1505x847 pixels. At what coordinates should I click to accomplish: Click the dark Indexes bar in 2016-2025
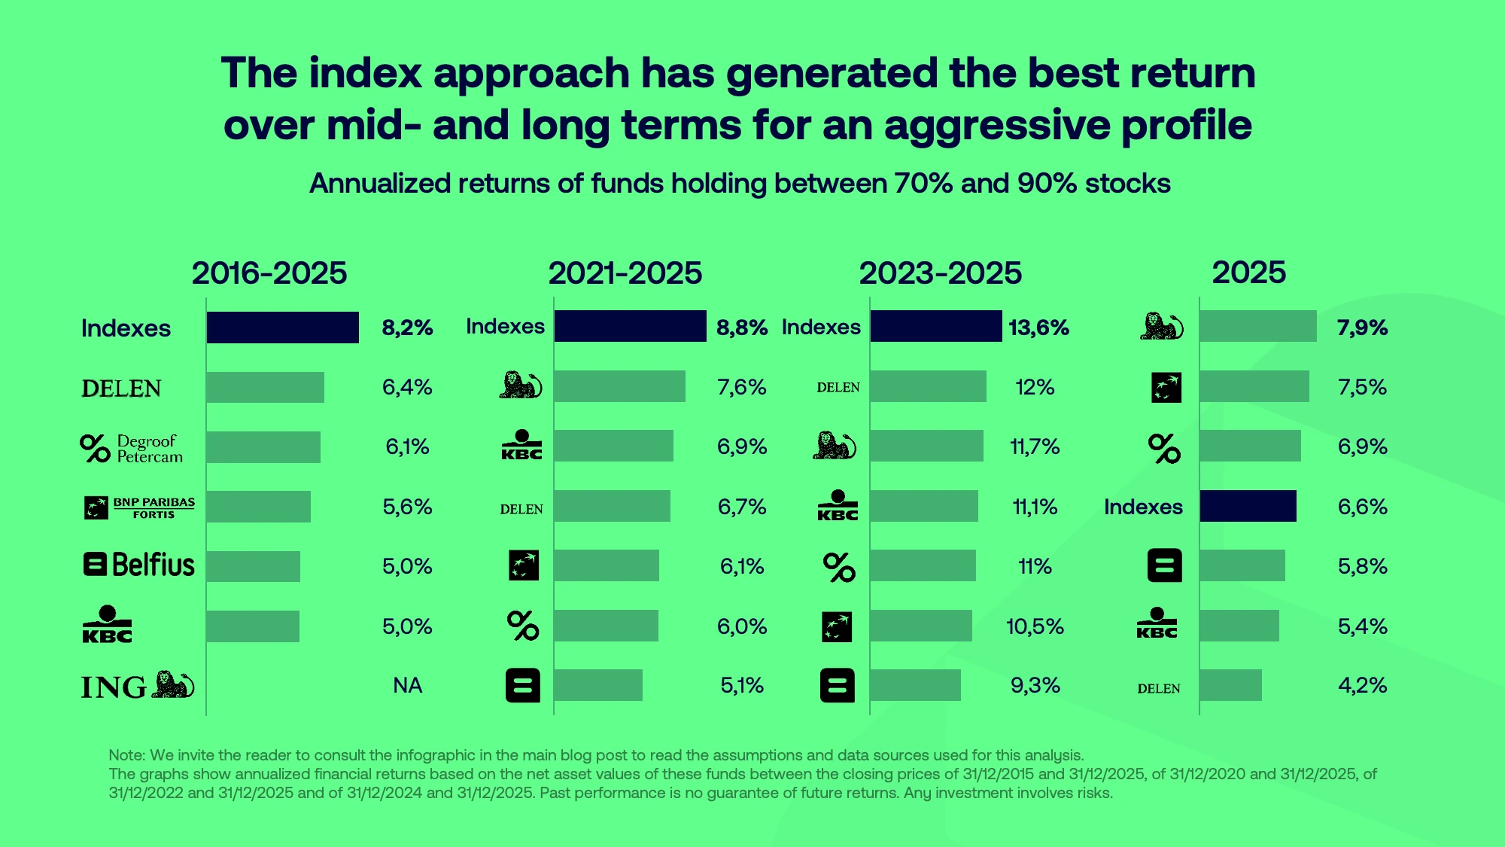pos(282,328)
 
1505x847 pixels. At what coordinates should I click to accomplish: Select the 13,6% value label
pos(1038,328)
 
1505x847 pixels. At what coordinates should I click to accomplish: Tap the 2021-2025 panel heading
pos(625,273)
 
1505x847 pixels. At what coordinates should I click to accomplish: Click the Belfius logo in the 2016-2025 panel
pos(138,565)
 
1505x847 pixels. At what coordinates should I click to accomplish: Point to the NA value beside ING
pos(407,685)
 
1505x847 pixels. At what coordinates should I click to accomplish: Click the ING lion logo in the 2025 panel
pos(1161,327)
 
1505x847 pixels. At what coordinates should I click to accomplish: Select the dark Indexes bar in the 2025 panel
pos(1248,506)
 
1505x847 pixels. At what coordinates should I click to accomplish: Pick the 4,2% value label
pos(1362,685)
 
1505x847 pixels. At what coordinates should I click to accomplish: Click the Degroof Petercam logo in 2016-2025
pos(132,448)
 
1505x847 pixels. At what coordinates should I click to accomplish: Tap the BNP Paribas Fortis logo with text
pos(139,507)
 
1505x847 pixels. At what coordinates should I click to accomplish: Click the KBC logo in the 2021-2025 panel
pos(521,446)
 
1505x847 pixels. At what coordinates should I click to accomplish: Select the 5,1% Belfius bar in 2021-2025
pos(598,685)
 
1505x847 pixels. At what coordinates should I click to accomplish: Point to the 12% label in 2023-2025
pos(1035,387)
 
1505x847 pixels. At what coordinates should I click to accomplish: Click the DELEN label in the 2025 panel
pos(1158,688)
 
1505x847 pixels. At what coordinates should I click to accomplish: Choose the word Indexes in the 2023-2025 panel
pos(821,327)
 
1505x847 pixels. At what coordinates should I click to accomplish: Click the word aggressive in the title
pos(996,124)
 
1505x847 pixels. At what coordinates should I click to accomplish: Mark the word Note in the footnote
pos(126,755)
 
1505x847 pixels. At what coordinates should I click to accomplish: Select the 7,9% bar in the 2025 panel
pos(1257,327)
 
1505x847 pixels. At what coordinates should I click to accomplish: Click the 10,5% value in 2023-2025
pos(1035,626)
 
